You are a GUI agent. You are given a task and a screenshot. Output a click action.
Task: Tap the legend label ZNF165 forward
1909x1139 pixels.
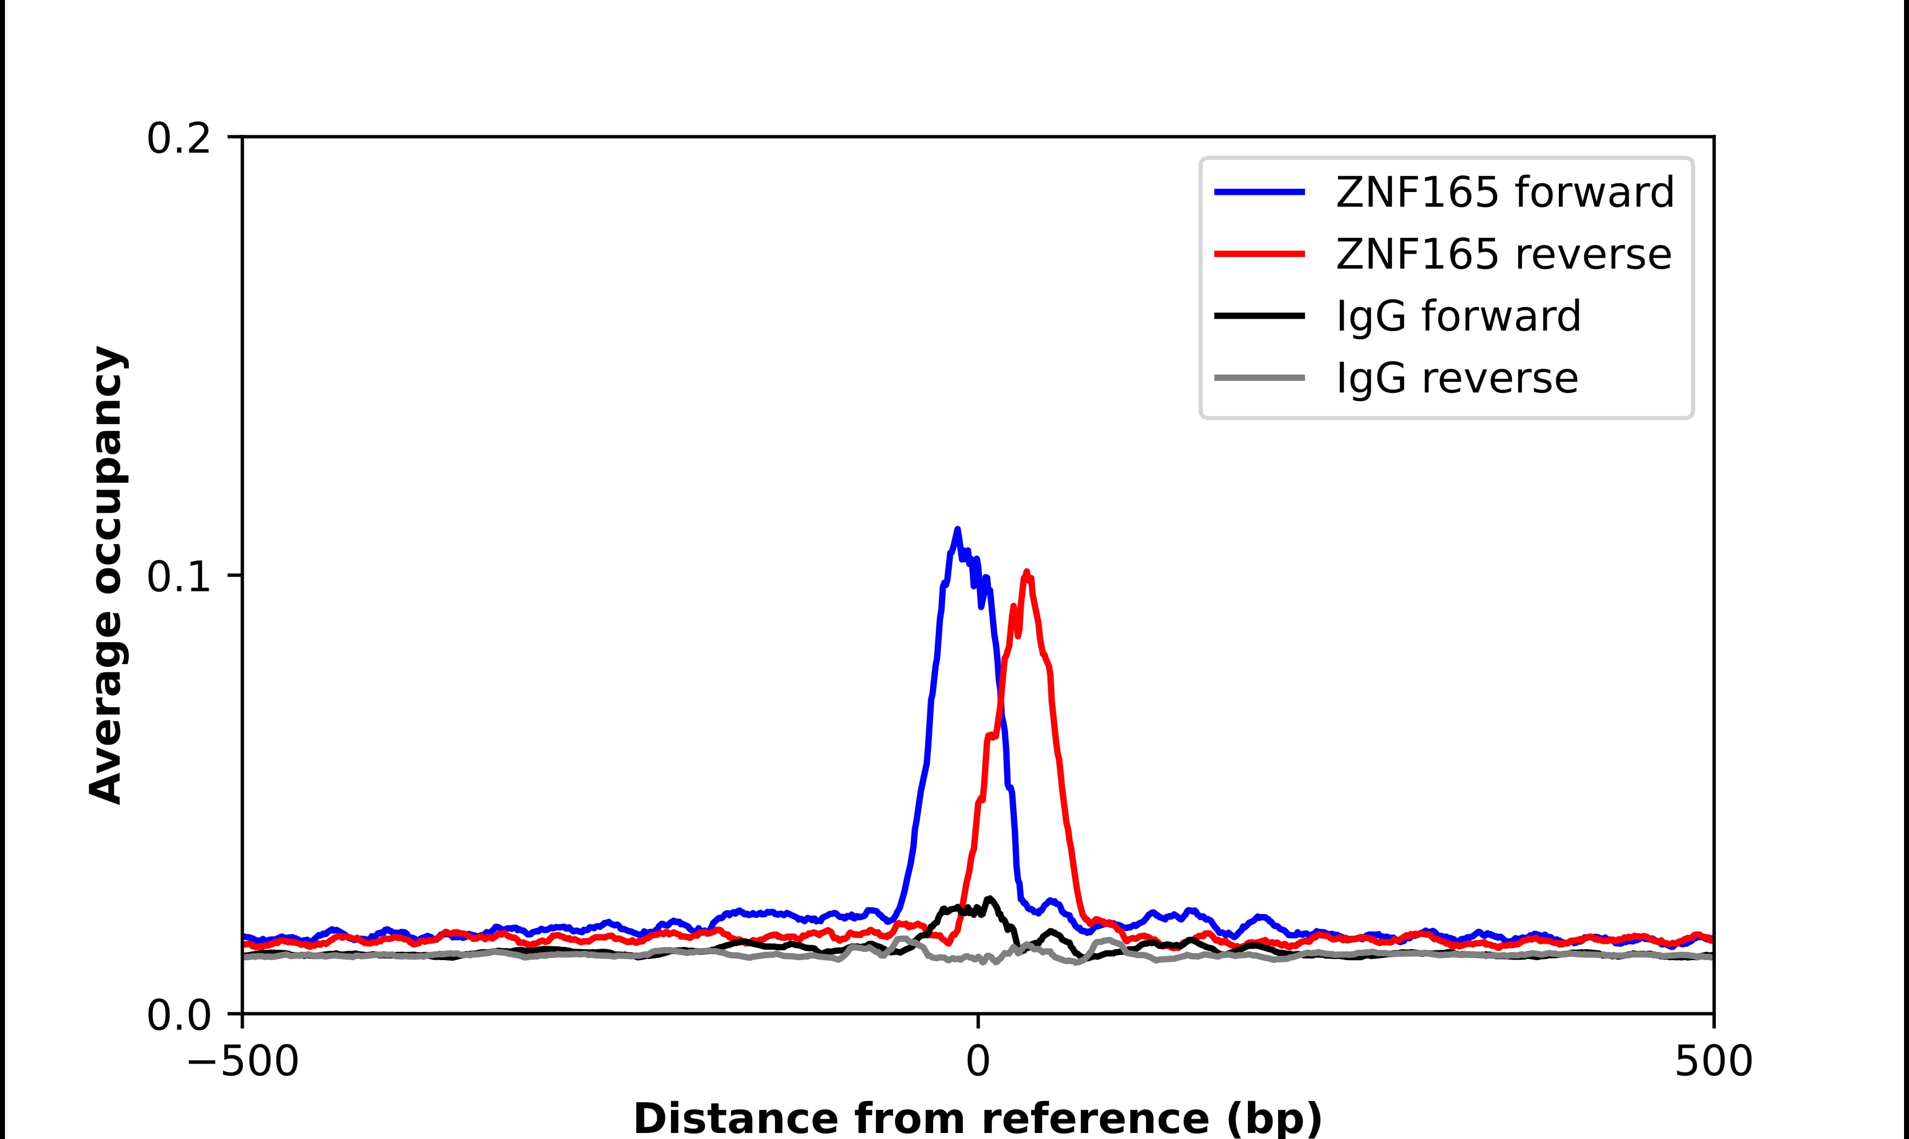1504,192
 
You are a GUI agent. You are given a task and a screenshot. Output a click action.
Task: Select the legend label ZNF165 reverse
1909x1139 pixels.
1503,254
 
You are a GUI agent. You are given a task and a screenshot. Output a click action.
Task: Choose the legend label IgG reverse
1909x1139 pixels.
1457,377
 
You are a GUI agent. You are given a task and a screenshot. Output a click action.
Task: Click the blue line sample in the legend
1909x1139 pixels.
1259,192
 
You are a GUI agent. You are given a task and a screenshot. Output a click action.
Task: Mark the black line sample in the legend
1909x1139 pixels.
1259,315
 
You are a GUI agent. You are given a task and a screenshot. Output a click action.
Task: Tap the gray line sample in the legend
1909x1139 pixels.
1259,377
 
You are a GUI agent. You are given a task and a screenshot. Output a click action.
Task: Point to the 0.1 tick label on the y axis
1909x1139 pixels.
178,577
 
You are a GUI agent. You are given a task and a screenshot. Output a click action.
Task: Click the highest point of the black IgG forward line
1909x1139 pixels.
989,898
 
